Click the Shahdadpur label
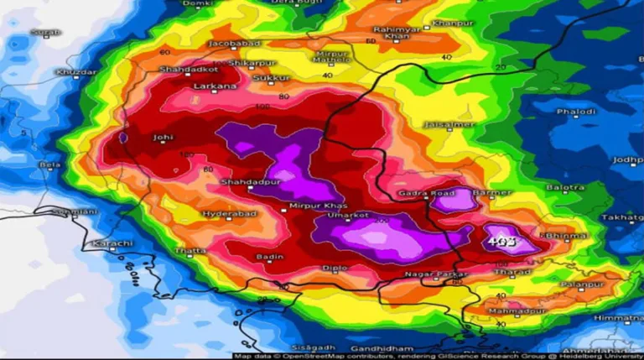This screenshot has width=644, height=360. [246, 182]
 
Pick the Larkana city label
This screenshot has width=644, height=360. [210, 86]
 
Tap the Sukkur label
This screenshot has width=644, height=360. [277, 77]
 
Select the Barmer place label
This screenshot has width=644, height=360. [492, 192]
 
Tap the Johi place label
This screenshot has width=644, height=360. [163, 138]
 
